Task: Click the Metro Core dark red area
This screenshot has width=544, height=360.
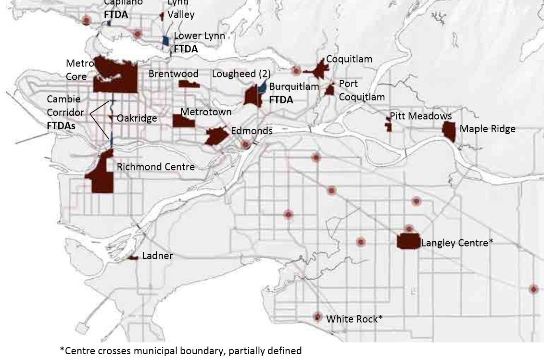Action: [x=115, y=77]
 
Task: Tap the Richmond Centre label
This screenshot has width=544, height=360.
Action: [x=156, y=167]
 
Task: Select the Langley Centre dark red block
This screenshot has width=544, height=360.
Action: [x=408, y=241]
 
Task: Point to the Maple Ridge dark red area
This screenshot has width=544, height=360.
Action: [x=449, y=131]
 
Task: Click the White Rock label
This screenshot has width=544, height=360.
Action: [x=354, y=319]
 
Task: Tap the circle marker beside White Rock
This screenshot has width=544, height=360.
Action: [x=317, y=317]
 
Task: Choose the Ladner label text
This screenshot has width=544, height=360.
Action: [x=157, y=256]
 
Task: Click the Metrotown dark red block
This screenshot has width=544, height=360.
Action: [x=184, y=121]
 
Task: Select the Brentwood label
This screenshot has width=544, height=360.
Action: [x=173, y=74]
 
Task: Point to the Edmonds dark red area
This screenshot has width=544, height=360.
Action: [x=215, y=136]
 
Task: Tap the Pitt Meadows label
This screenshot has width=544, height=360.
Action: [x=420, y=116]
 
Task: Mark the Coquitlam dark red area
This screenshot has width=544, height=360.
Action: [x=320, y=71]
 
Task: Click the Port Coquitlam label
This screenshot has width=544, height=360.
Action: [x=362, y=90]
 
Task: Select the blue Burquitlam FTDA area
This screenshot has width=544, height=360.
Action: [x=263, y=87]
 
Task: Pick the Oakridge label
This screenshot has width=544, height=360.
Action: [x=137, y=118]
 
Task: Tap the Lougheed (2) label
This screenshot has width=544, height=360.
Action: [x=241, y=74]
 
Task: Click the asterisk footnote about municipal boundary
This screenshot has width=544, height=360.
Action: [x=180, y=350]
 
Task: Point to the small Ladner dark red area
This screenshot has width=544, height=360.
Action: [x=133, y=258]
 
